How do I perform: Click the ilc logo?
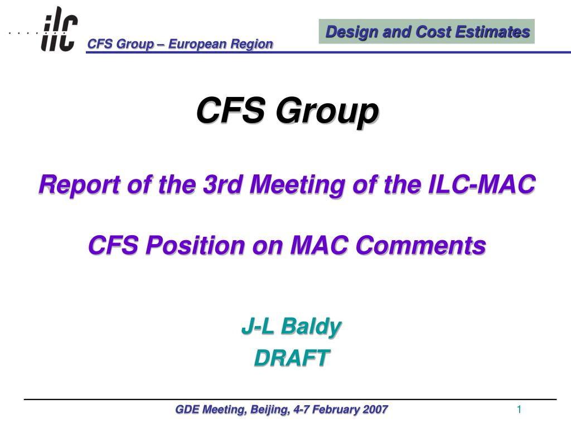click(x=59, y=29)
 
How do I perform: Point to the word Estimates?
click(x=493, y=32)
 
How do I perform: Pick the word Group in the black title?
click(x=327, y=111)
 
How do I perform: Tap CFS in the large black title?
click(x=231, y=110)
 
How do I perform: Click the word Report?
click(x=80, y=185)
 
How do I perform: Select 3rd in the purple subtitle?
click(x=223, y=184)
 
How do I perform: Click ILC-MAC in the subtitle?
click(x=482, y=184)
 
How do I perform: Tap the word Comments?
click(x=420, y=245)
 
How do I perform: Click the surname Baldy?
click(x=311, y=327)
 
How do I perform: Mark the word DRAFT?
click(x=292, y=358)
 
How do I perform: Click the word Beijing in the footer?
click(x=270, y=410)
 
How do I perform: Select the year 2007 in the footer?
click(x=375, y=410)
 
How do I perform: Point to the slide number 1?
click(x=519, y=410)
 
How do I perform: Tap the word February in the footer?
click(x=336, y=410)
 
